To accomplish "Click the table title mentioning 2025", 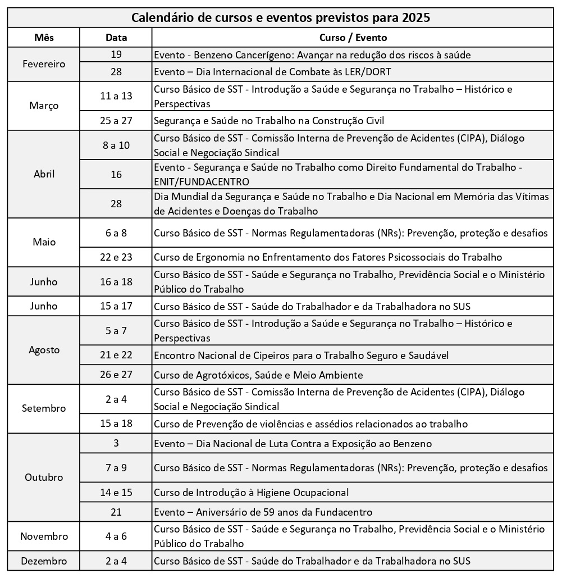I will click(x=281, y=17).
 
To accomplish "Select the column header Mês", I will click(x=44, y=38).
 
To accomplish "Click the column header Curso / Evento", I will click(x=353, y=38).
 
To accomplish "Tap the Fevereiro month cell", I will click(x=44, y=64).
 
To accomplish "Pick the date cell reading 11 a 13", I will click(x=116, y=96).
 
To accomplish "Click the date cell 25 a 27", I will click(x=116, y=121).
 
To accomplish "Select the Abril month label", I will click(x=44, y=174).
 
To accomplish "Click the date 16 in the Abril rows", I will click(x=116, y=175).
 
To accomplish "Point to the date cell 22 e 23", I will click(x=116, y=257).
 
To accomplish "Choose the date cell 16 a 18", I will click(x=116, y=282).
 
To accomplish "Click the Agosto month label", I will click(x=44, y=350).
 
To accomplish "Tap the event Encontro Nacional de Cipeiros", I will click(x=301, y=356).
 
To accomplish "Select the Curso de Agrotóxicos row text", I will click(x=258, y=375).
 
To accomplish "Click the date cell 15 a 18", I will click(x=116, y=424).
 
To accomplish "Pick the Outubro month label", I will click(x=44, y=477).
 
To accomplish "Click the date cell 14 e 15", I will click(x=116, y=493).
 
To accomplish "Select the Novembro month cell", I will click(x=44, y=536).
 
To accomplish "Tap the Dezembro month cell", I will click(x=44, y=561).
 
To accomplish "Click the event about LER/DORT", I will click(x=272, y=72).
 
